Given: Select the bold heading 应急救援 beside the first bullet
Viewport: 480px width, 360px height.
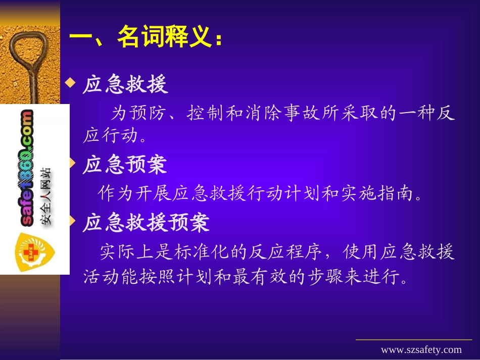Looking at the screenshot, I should pyautogui.click(x=125, y=85).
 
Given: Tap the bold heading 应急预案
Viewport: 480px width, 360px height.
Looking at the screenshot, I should pyautogui.click(x=125, y=165).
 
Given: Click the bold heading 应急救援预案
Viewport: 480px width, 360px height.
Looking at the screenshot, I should pyautogui.click(x=146, y=223).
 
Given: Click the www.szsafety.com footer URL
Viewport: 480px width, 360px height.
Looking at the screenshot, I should pyautogui.click(x=421, y=350).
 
